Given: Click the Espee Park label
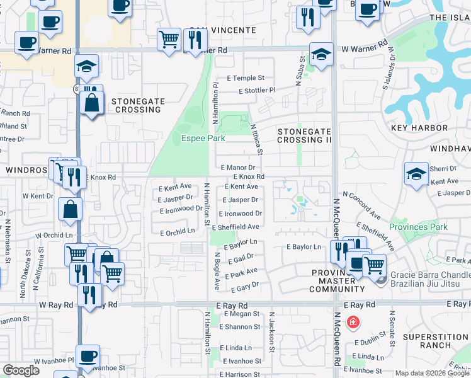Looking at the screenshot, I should pos(203,139).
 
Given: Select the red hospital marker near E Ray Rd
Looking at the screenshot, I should pos(353,323).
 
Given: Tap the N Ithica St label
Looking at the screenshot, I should pos(256,139).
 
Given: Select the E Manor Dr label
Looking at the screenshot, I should pos(238,168).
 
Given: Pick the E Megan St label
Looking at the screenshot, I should pos(235,314).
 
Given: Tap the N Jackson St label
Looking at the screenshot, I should pos(273,340).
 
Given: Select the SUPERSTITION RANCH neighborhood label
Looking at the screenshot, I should pos(436,341).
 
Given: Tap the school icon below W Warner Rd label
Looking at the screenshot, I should pos(87,66).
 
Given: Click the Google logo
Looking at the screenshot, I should pos(21,370).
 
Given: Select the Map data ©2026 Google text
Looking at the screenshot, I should pos(432,373).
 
